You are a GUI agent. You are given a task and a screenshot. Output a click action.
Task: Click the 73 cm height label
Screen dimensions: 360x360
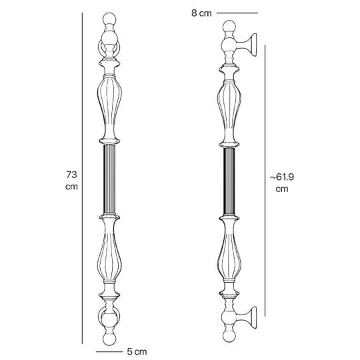[71, 181]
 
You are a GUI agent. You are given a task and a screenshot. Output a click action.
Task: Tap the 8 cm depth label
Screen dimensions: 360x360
[201, 13]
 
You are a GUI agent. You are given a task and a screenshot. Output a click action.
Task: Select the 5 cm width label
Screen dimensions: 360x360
[137, 351]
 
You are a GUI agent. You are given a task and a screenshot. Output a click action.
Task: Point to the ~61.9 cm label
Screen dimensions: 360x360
[282, 183]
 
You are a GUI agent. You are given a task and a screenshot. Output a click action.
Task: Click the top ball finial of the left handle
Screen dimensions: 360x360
[109, 19]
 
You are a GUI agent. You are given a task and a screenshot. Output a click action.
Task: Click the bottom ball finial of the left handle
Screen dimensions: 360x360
[109, 339]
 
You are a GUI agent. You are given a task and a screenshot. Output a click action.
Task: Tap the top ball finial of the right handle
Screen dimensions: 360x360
[229, 26]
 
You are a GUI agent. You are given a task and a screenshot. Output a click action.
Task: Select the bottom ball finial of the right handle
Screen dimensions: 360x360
[229, 335]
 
